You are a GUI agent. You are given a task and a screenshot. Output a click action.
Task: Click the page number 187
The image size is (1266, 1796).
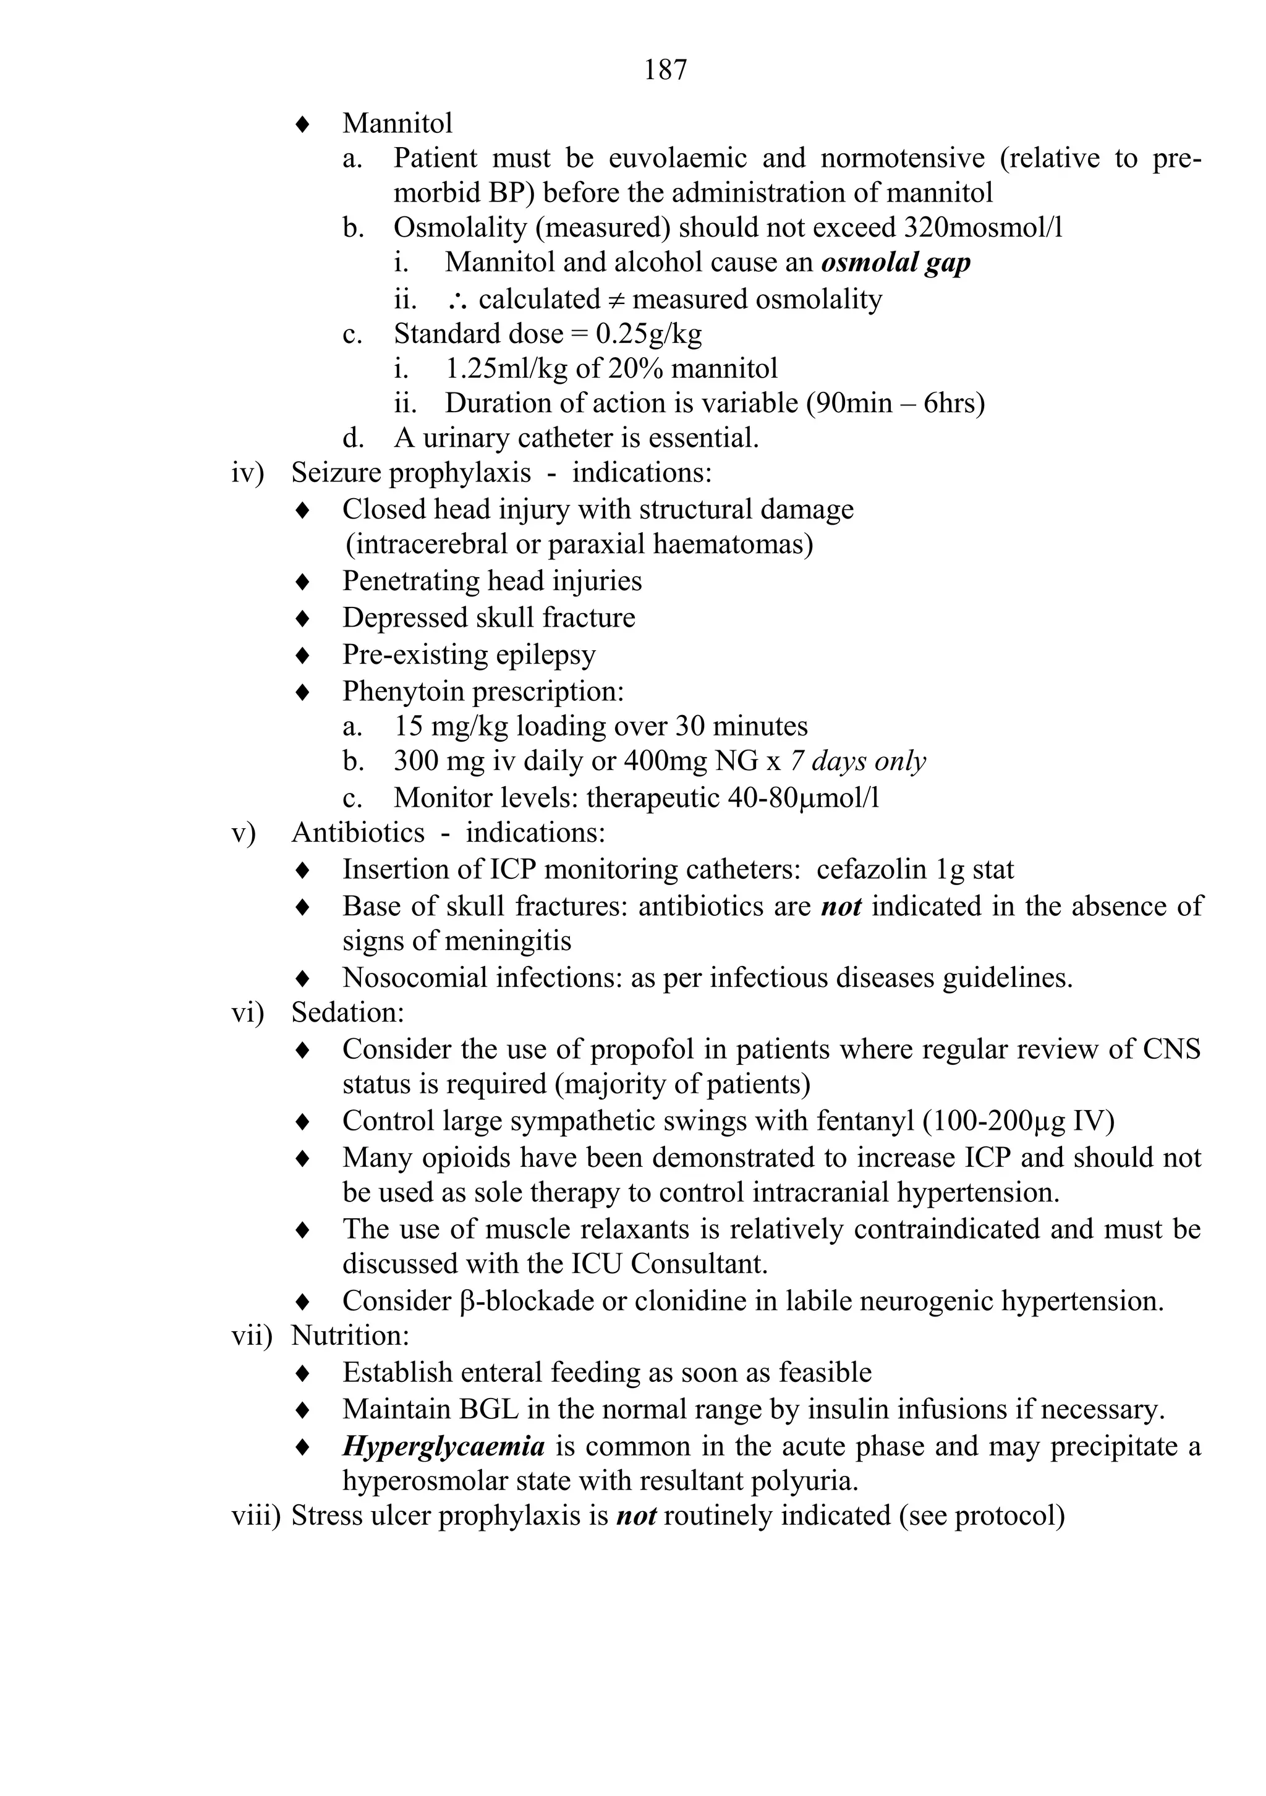click(665, 70)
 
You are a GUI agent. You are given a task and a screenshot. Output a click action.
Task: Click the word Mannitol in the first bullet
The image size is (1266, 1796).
click(397, 124)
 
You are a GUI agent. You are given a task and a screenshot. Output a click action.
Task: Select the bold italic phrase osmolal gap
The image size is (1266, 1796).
click(895, 262)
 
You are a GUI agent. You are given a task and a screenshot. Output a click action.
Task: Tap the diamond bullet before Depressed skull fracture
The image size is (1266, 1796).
click(302, 619)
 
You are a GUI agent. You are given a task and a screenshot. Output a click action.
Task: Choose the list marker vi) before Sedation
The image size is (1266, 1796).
click(248, 1013)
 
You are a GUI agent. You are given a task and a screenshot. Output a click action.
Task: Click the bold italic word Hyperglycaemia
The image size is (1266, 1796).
click(443, 1446)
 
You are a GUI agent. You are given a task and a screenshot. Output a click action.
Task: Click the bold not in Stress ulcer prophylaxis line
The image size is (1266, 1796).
click(635, 1516)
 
